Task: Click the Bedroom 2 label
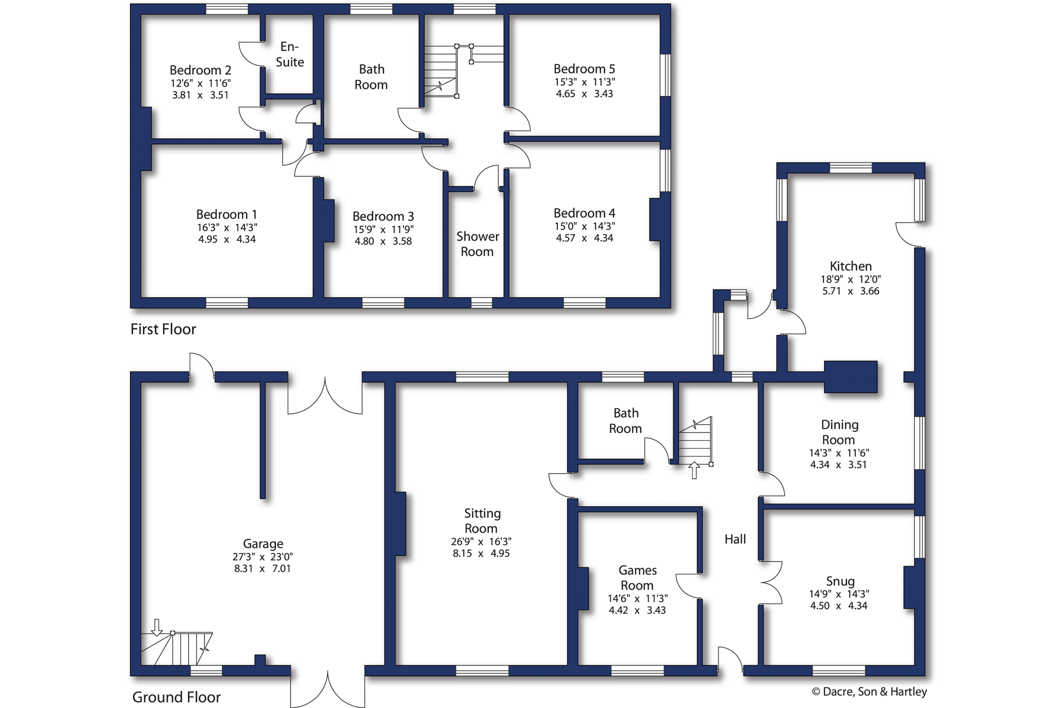(x=200, y=70)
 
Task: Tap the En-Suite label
(x=290, y=54)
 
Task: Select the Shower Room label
(x=477, y=244)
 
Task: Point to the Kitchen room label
(x=850, y=266)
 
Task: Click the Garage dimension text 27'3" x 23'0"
(x=262, y=557)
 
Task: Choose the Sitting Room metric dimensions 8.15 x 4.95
(x=481, y=554)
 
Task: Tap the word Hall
(x=735, y=539)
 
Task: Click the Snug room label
(x=840, y=581)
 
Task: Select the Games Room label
(x=637, y=578)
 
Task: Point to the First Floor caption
(x=163, y=329)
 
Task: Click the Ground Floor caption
(x=176, y=697)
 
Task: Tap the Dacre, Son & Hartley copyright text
(x=869, y=692)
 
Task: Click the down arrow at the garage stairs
(x=156, y=628)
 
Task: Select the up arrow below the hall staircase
(x=694, y=470)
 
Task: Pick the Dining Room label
(x=839, y=432)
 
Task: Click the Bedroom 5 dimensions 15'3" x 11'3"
(x=584, y=82)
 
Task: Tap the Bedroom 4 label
(x=584, y=213)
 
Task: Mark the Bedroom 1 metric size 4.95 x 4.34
(x=227, y=239)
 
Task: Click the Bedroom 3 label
(x=383, y=216)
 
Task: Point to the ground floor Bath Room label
(x=625, y=421)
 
